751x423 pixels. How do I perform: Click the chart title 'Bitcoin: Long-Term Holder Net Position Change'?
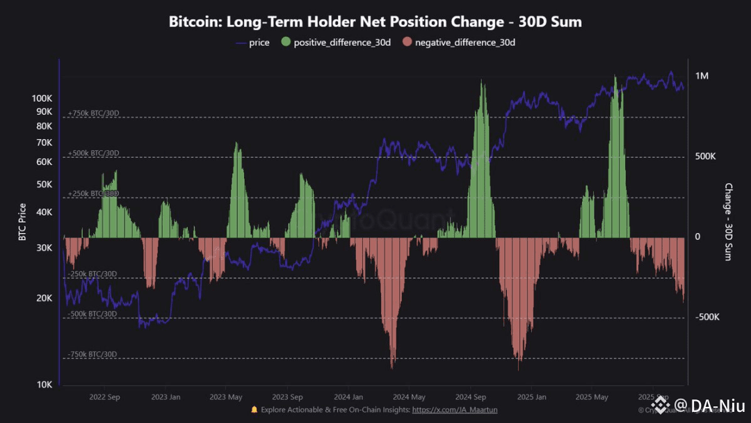[375, 22]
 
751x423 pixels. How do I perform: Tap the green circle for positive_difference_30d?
[285, 43]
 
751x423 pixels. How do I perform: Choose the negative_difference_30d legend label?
[465, 43]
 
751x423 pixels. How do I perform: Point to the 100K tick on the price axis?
[42, 98]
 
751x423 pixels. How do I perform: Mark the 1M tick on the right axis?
[702, 76]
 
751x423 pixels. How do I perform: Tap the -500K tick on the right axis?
[706, 317]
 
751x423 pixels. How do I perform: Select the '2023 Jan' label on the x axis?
[166, 397]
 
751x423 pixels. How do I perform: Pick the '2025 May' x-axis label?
[592, 397]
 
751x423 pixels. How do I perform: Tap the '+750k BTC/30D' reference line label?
[93, 113]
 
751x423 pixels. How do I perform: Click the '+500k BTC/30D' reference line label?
[93, 153]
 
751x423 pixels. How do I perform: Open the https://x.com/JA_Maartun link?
[455, 410]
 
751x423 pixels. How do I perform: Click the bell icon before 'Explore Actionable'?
[255, 410]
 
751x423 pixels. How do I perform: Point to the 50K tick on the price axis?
[42, 184]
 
